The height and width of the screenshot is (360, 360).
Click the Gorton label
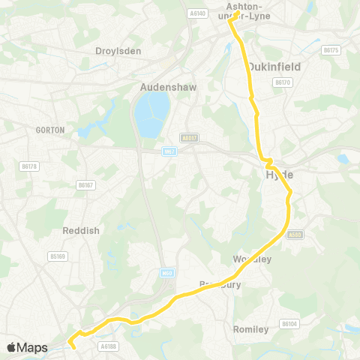click(x=50, y=130)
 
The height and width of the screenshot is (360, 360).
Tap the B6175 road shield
click(x=331, y=50)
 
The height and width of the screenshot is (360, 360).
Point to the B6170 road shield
click(x=282, y=82)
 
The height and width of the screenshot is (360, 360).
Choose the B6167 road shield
click(x=88, y=184)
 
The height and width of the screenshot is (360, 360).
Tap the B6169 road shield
click(x=58, y=256)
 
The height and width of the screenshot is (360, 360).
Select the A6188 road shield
click(x=109, y=346)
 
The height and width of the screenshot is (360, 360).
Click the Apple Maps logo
click(x=28, y=347)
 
